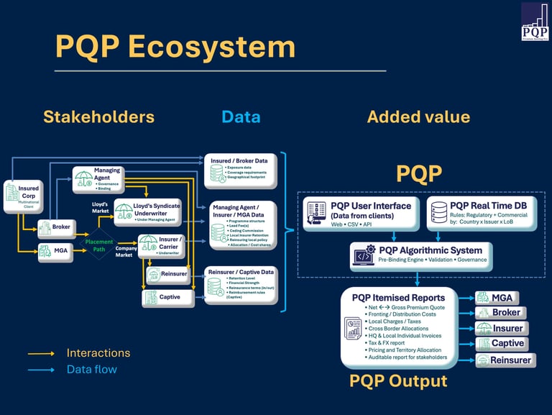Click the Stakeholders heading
[x=98, y=117]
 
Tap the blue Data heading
[x=241, y=117]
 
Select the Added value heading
[x=418, y=117]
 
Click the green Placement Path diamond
[x=98, y=245]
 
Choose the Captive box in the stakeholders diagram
[x=167, y=297]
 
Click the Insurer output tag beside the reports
[x=500, y=328]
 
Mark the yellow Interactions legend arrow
[x=42, y=354]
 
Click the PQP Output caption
[x=398, y=380]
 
